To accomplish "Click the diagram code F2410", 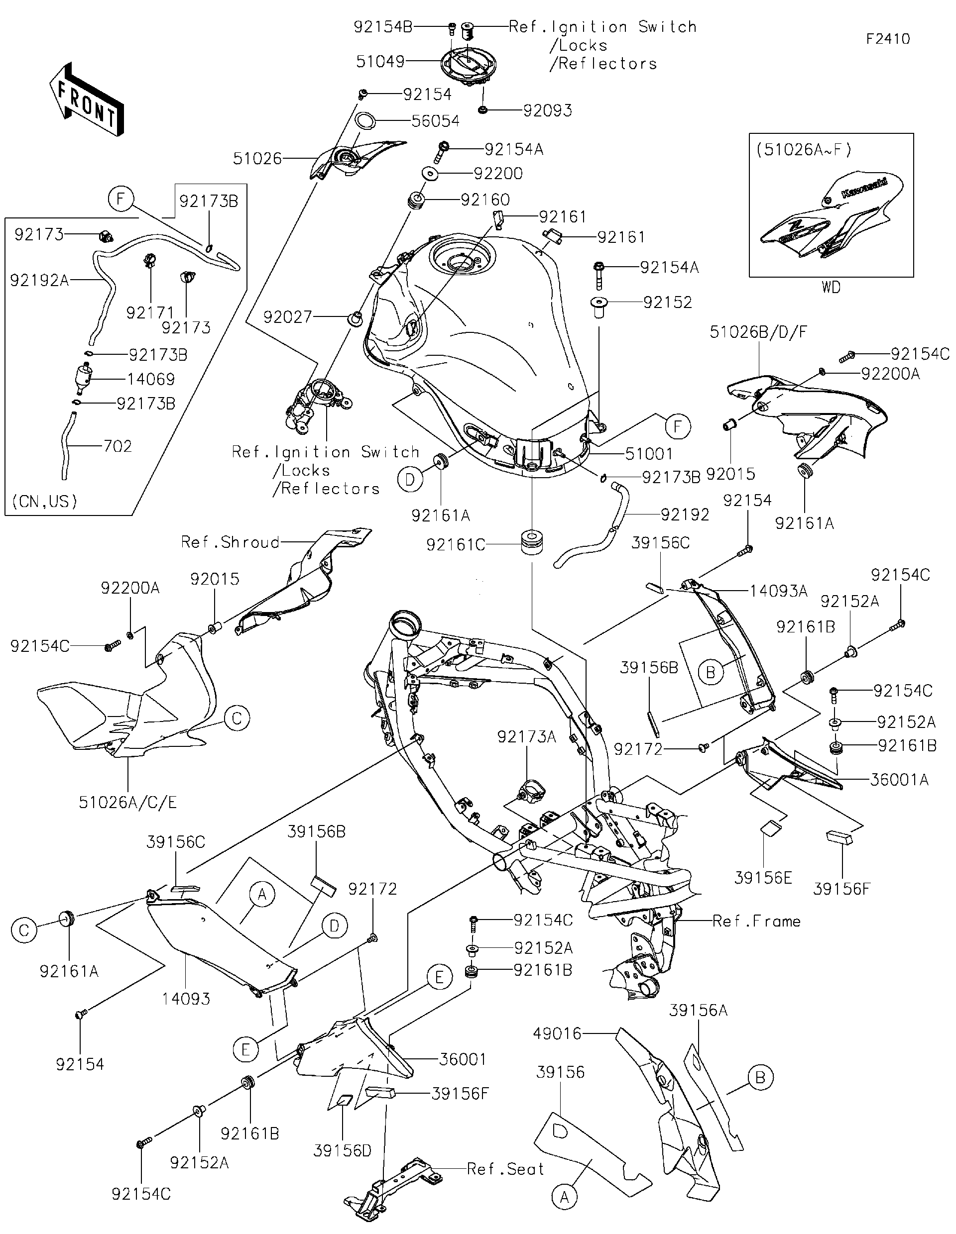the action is [888, 39].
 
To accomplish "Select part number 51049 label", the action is [380, 62].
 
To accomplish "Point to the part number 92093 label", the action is [547, 110].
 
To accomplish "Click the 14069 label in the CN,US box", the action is [150, 379].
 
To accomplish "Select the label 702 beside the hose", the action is [118, 446].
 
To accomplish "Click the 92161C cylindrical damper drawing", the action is [531, 542].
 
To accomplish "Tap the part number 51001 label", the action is [649, 453].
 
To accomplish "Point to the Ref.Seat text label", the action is [505, 1168].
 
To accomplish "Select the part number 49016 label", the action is [557, 1033].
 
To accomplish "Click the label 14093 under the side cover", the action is [186, 998].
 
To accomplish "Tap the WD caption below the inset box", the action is [831, 288].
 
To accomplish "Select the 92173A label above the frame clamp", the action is [526, 736].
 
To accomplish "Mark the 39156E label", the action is [763, 877].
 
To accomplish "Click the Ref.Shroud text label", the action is [230, 542].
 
